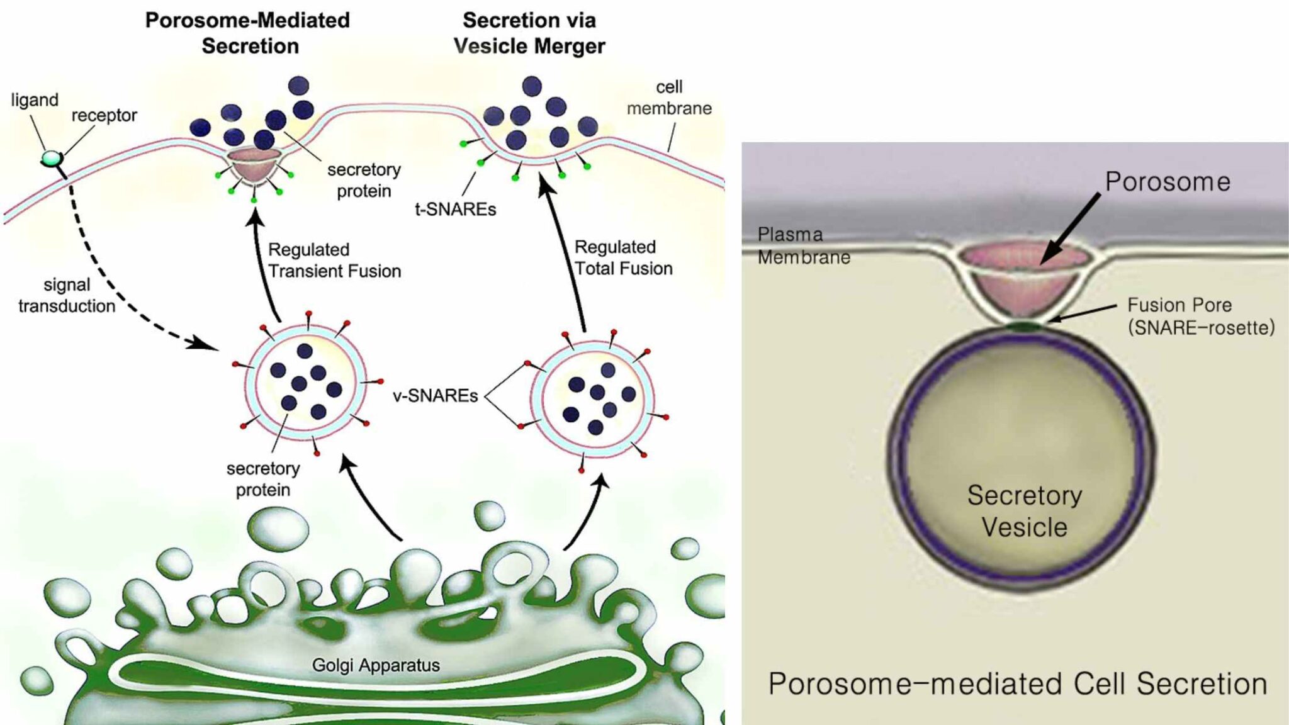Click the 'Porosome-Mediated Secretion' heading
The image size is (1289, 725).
click(247, 33)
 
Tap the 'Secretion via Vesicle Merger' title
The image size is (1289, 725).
click(529, 33)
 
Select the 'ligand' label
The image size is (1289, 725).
click(35, 100)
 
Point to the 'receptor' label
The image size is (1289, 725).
click(104, 115)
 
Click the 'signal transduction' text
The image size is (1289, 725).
click(67, 295)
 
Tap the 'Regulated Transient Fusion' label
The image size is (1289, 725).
click(334, 260)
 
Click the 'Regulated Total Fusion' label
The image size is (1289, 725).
click(623, 257)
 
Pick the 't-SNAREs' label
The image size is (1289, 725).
click(455, 209)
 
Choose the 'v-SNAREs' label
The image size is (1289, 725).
click(435, 395)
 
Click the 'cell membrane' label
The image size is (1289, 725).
click(669, 98)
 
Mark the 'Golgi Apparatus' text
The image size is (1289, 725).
click(376, 665)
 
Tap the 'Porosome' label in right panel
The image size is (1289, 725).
click(1168, 182)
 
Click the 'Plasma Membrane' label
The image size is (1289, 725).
click(803, 245)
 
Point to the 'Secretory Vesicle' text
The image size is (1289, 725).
click(1024, 511)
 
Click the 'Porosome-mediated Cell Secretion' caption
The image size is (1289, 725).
click(1017, 683)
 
